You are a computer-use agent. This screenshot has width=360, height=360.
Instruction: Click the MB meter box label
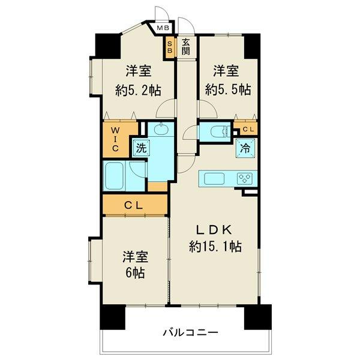[163, 28]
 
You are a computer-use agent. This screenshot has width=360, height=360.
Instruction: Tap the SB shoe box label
[170, 47]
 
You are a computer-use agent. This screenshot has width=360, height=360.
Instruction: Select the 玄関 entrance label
[186, 47]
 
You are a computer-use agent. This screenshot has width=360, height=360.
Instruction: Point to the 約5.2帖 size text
[138, 90]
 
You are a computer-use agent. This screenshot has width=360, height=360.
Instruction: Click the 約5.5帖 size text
[228, 89]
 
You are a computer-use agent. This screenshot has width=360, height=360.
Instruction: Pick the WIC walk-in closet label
[115, 139]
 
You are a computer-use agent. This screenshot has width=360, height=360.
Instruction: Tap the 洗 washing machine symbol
[141, 148]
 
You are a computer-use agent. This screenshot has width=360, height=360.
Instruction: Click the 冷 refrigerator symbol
[245, 149]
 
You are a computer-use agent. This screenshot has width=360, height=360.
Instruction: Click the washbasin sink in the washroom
[161, 129]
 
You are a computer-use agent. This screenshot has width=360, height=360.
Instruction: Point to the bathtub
[113, 176]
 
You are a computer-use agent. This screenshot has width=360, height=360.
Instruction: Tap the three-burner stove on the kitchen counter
[245, 178]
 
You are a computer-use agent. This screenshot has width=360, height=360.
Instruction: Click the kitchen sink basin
[214, 179]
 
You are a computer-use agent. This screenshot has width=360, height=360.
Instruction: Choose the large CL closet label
[134, 205]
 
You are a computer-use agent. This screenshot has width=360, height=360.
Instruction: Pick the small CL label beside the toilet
[248, 129]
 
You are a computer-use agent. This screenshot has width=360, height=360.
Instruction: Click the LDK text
[214, 230]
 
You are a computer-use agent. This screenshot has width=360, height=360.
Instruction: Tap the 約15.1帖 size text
[215, 247]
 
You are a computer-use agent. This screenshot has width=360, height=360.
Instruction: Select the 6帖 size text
[135, 273]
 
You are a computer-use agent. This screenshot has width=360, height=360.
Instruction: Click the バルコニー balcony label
[191, 332]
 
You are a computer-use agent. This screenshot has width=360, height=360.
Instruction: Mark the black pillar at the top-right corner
[252, 46]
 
